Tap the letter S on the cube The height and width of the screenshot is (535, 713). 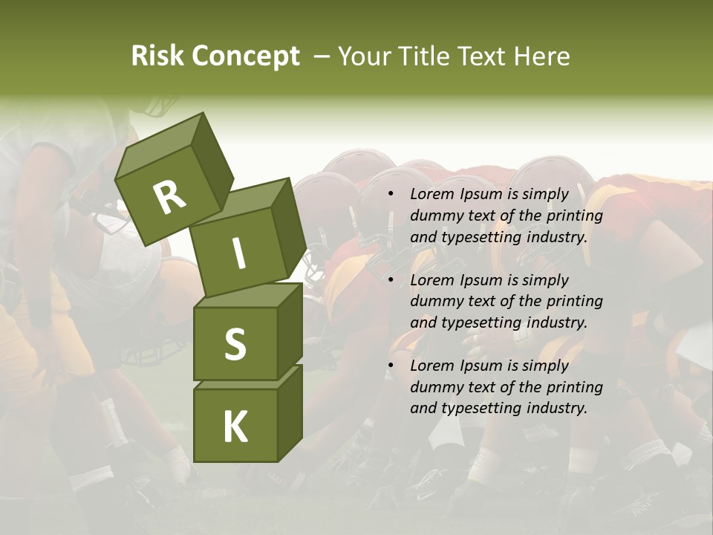235,343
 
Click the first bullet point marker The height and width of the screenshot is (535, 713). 391,195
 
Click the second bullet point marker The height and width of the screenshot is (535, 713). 391,281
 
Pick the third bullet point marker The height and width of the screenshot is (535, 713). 391,366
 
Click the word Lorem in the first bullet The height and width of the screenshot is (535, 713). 431,195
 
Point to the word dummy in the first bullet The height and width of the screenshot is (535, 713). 434,216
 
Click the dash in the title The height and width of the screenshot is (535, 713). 322,56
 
